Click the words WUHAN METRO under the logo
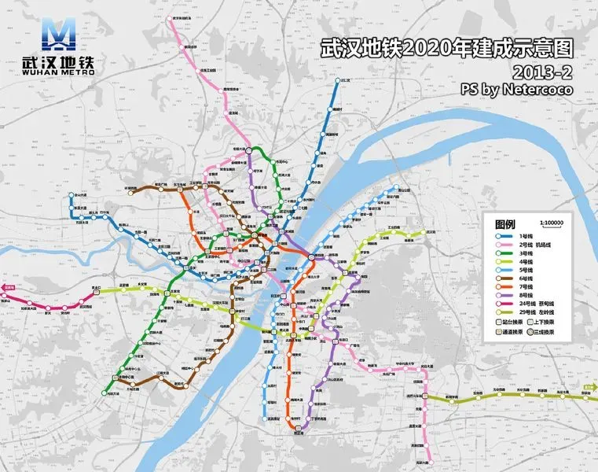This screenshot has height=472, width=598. tap(59, 72)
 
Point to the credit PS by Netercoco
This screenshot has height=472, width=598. tap(516, 90)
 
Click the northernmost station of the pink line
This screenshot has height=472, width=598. tap(171, 21)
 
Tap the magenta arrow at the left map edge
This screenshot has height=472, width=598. tap(6, 289)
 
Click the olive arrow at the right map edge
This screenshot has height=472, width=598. tap(592, 386)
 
